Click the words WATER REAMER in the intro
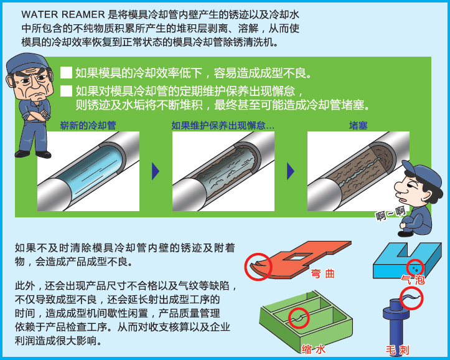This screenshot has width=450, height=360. (x=63, y=14)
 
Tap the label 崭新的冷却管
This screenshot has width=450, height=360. (x=88, y=125)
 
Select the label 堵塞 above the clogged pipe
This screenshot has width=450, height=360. (x=358, y=125)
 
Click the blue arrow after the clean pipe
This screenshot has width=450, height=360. (x=155, y=171)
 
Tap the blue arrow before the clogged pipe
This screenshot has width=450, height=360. (x=291, y=171)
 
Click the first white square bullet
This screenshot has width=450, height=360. (x=66, y=73)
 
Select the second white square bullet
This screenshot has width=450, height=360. (x=66, y=91)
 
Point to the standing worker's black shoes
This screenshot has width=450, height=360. (x=33, y=154)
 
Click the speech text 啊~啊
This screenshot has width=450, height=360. (x=391, y=214)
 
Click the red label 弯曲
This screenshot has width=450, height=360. (x=323, y=273)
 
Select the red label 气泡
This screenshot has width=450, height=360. (x=413, y=280)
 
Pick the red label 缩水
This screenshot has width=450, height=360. (x=314, y=349)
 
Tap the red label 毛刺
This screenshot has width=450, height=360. (x=397, y=350)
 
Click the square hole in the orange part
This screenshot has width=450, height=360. (x=299, y=257)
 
